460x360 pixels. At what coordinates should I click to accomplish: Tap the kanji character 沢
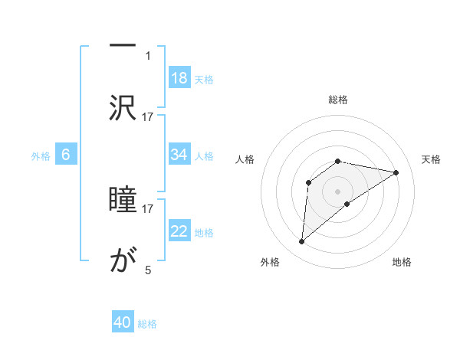pyautogui.click(x=123, y=108)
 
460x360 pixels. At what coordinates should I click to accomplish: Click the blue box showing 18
pyautogui.click(x=179, y=78)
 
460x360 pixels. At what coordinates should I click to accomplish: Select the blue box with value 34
pyautogui.click(x=179, y=155)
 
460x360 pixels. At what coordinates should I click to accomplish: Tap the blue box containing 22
pyautogui.click(x=179, y=231)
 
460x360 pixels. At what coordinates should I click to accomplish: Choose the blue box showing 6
pyautogui.click(x=66, y=155)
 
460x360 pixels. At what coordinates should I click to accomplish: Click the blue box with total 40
pyautogui.click(x=123, y=322)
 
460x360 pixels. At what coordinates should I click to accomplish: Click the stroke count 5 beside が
pyautogui.click(x=148, y=270)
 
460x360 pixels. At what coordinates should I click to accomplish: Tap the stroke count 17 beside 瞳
pyautogui.click(x=148, y=208)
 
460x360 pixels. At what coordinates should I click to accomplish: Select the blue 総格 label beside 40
pyautogui.click(x=148, y=324)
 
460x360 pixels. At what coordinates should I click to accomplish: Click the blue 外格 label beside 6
pyautogui.click(x=41, y=155)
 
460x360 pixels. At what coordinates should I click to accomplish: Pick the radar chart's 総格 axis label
pyautogui.click(x=338, y=100)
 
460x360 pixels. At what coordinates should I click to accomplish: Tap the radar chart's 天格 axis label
pyautogui.click(x=432, y=159)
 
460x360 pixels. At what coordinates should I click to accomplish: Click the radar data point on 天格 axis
pyautogui.click(x=396, y=172)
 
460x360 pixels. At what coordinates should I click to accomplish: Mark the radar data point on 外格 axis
pyautogui.click(x=302, y=242)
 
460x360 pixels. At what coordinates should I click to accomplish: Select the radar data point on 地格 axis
pyautogui.click(x=347, y=204)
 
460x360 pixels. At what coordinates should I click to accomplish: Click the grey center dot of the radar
pyautogui.click(x=338, y=191)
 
